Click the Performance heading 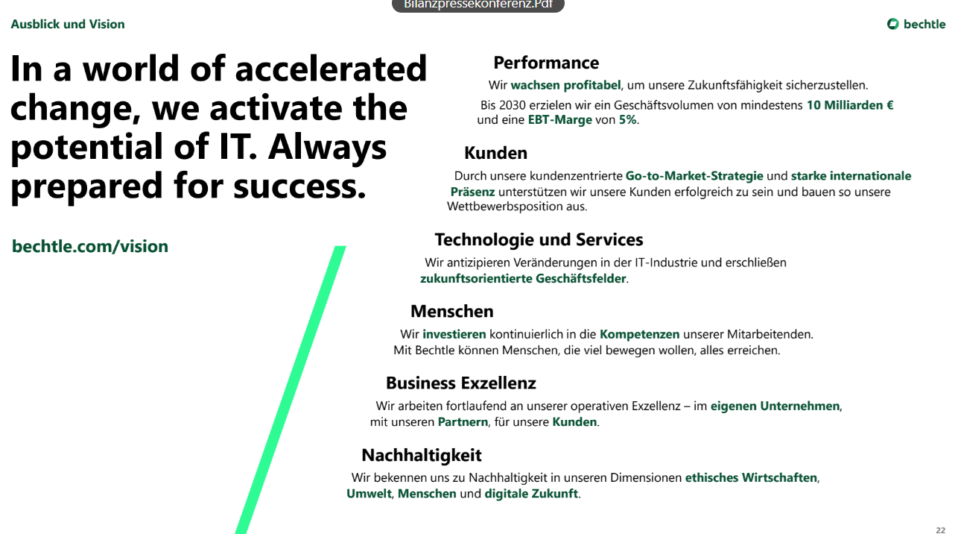pyautogui.click(x=546, y=63)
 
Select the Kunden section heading pyautogui.click(x=495, y=153)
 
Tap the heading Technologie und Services pyautogui.click(x=539, y=240)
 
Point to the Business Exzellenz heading pyautogui.click(x=461, y=383)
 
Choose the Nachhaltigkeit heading pyautogui.click(x=422, y=455)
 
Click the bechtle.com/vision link pyautogui.click(x=90, y=246)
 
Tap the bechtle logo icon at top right pyautogui.click(x=893, y=24)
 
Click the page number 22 pyautogui.click(x=941, y=530)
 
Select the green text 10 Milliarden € pyautogui.click(x=850, y=105)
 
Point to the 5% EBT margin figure pyautogui.click(x=627, y=120)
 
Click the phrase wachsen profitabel pyautogui.click(x=566, y=85)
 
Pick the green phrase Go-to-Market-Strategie pyautogui.click(x=694, y=176)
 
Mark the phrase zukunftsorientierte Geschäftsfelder pyautogui.click(x=523, y=279)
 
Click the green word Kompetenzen pyautogui.click(x=639, y=334)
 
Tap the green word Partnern pyautogui.click(x=463, y=422)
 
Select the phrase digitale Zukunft pyautogui.click(x=531, y=494)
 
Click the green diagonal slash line pyautogui.click(x=291, y=390)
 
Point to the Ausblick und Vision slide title pyautogui.click(x=68, y=25)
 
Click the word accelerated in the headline pyautogui.click(x=331, y=69)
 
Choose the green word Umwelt pyautogui.click(x=369, y=494)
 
